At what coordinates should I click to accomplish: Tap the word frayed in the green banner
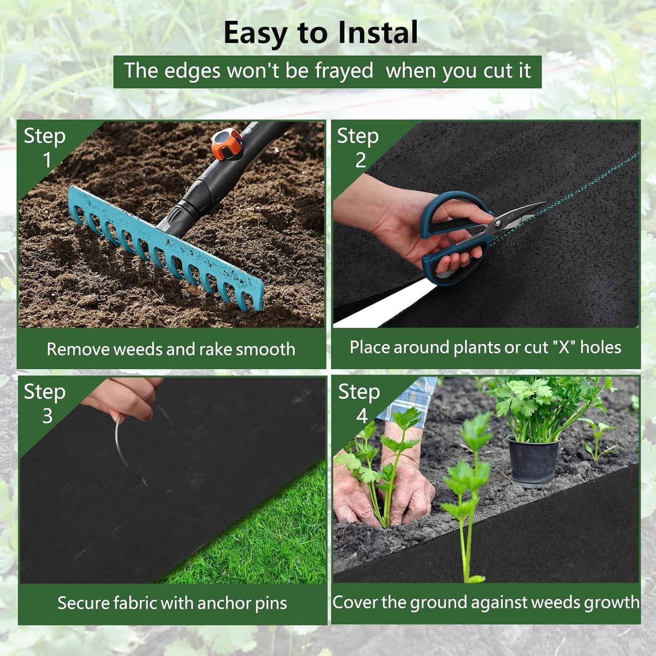click(344, 71)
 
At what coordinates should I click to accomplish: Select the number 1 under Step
click(47, 160)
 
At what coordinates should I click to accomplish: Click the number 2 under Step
click(360, 160)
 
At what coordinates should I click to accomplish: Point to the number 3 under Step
click(47, 416)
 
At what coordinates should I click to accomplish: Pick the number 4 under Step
click(362, 416)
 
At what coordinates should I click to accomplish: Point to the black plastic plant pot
click(533, 461)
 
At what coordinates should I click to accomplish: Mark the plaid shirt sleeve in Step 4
click(411, 400)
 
